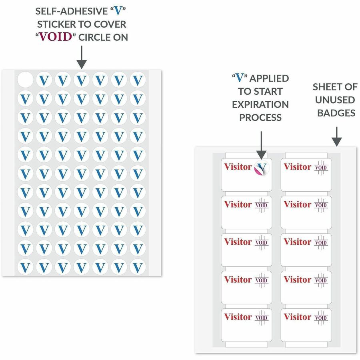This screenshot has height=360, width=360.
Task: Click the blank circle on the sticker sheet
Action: (26, 80)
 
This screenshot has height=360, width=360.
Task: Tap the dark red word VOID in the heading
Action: (56, 37)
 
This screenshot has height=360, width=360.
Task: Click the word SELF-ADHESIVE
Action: (72, 11)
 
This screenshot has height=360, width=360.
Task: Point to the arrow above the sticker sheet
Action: (82, 57)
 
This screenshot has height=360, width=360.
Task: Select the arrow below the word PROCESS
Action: (261, 145)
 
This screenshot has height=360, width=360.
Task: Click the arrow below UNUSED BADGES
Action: (336, 136)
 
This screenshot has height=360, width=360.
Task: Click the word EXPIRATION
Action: (260, 104)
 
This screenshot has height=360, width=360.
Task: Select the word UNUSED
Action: (335, 100)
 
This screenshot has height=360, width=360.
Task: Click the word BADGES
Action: (336, 113)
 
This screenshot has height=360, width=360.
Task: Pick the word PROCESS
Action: (260, 118)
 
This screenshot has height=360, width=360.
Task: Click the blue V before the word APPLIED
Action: (240, 78)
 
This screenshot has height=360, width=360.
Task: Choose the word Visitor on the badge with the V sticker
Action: (238, 167)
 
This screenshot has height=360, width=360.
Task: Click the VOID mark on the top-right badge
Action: (321, 167)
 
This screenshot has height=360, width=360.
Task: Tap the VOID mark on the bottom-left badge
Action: (262, 318)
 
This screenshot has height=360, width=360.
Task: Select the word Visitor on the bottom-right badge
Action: (298, 317)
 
